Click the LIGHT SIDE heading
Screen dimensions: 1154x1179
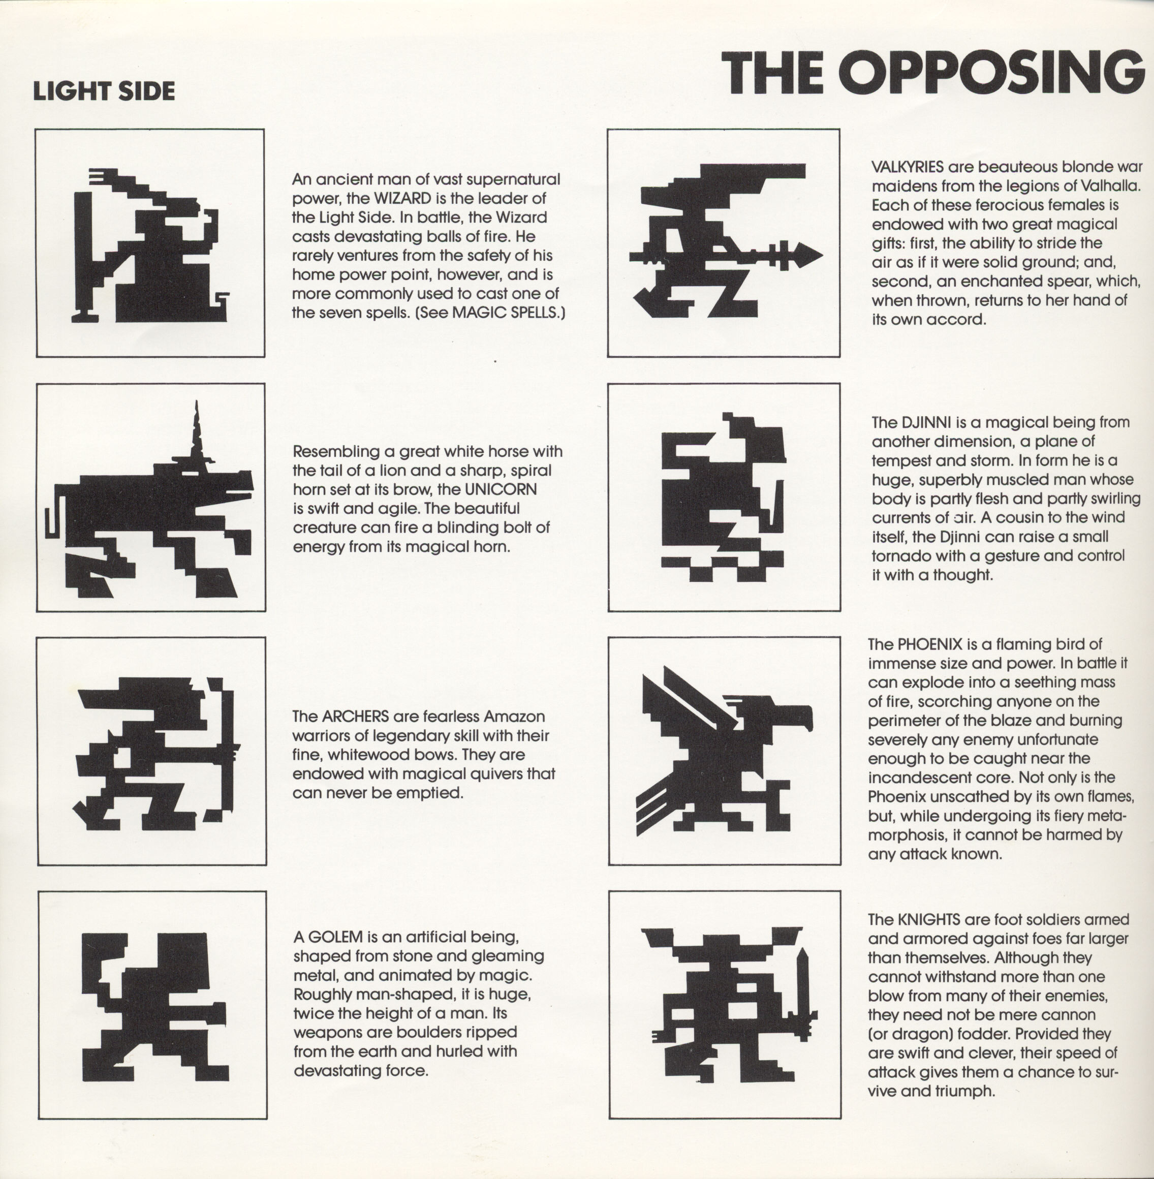click(104, 91)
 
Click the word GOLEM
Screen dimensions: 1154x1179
click(334, 937)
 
